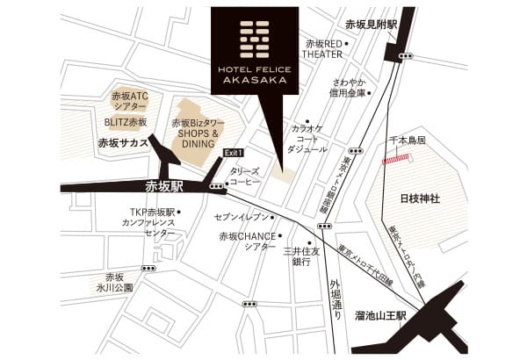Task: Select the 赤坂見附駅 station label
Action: [372, 25]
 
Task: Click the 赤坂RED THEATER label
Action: [322, 48]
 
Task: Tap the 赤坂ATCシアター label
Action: [129, 100]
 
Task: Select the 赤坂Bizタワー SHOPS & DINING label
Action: [199, 133]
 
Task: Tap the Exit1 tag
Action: [233, 152]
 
